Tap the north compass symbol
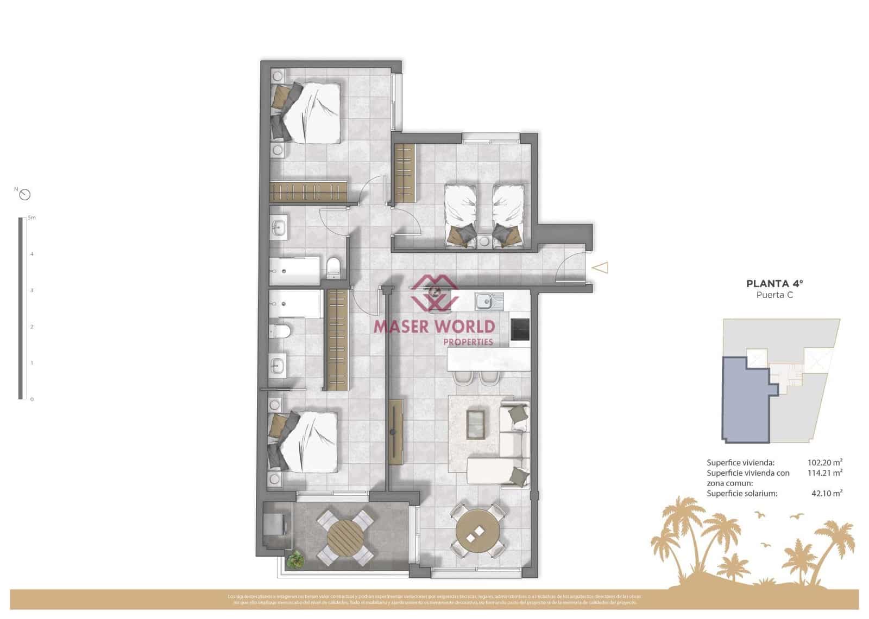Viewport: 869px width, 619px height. (24, 194)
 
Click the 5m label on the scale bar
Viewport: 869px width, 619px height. (32, 218)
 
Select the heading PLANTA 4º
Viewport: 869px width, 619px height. (774, 283)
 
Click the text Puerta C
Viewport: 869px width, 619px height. (774, 295)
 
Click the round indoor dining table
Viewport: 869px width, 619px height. (477, 530)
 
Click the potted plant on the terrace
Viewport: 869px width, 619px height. (296, 559)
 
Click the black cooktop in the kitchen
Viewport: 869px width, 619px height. (520, 329)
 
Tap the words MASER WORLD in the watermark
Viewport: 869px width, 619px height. (434, 326)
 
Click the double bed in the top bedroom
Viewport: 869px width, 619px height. (310, 113)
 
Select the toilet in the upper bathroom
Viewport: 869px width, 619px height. (333, 267)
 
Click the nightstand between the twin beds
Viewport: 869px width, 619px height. (484, 240)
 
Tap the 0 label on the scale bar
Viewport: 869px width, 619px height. (32, 399)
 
